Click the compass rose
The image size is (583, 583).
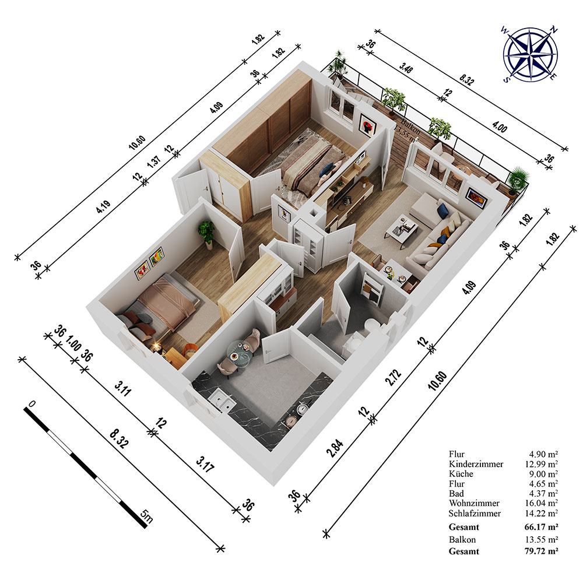pyautogui.click(x=530, y=54)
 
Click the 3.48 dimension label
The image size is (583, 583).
pyautogui.click(x=406, y=68)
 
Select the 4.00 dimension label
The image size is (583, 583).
pyautogui.click(x=500, y=127)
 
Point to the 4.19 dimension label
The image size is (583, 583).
pyautogui.click(x=103, y=207)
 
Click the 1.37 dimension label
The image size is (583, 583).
pyautogui.click(x=154, y=161)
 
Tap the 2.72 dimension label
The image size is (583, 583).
pyautogui.click(x=393, y=377)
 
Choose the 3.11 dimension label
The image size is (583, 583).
pyautogui.click(x=122, y=388)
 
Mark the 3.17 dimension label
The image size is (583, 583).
pyautogui.click(x=205, y=465)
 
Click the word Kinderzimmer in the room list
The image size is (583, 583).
pyautogui.click(x=476, y=464)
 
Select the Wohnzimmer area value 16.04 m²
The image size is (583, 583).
pyautogui.click(x=542, y=503)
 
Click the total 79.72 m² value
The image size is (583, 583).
pyautogui.click(x=542, y=551)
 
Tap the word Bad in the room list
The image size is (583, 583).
pyautogui.click(x=456, y=493)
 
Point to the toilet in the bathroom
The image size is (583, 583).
pyautogui.click(x=371, y=326)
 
